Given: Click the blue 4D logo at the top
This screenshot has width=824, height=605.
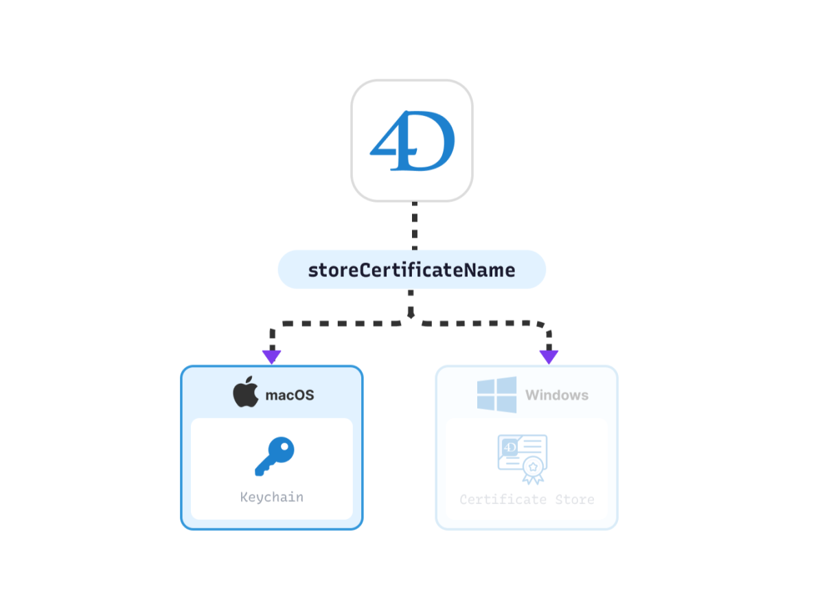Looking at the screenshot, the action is (x=413, y=141).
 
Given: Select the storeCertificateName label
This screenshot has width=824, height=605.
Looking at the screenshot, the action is (x=411, y=271).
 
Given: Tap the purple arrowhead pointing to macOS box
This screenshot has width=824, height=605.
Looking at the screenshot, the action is (x=271, y=356).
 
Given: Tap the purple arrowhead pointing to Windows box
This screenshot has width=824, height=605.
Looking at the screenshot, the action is (x=549, y=356).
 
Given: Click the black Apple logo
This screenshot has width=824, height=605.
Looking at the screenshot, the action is (x=246, y=392).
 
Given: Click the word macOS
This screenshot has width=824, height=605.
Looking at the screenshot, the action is (x=290, y=396).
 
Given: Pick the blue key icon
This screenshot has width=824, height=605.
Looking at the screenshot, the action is (x=275, y=457).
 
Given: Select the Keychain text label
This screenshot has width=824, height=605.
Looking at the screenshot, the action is (x=272, y=497).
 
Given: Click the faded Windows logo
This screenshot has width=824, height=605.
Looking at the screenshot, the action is (x=496, y=395).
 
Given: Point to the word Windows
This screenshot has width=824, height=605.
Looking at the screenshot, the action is (x=557, y=396).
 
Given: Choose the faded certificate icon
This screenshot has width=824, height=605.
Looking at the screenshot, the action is (x=523, y=459).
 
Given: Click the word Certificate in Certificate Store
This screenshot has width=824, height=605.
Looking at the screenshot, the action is (x=503, y=499).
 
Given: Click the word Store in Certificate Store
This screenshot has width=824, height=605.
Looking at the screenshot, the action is (x=575, y=499).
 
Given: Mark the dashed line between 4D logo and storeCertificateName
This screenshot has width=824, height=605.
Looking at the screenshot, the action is (x=415, y=226).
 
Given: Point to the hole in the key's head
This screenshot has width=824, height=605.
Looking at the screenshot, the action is (x=284, y=447).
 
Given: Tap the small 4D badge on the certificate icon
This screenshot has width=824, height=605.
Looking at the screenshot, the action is (x=510, y=448).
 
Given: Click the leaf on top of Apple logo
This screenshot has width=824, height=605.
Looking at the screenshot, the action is (x=249, y=380).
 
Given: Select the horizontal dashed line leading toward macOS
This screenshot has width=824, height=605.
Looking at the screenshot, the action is (x=341, y=323).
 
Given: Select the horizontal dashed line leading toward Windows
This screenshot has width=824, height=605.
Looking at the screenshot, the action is (x=480, y=323).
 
